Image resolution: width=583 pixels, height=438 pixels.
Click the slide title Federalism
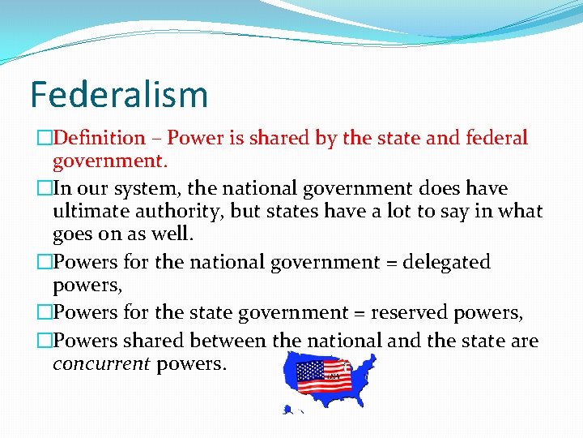pyautogui.click(x=119, y=94)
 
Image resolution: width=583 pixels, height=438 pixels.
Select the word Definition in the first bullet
pyautogui.click(x=99, y=139)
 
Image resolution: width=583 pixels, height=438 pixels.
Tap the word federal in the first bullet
pyautogui.click(x=496, y=139)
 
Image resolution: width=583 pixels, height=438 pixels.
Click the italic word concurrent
pyautogui.click(x=101, y=363)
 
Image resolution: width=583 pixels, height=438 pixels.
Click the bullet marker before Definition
pyautogui.click(x=45, y=139)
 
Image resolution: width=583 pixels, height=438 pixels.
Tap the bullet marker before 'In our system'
pyautogui.click(x=45, y=189)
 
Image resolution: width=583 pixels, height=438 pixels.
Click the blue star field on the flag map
pyautogui.click(x=310, y=371)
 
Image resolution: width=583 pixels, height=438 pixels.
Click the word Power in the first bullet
pyautogui.click(x=194, y=139)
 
